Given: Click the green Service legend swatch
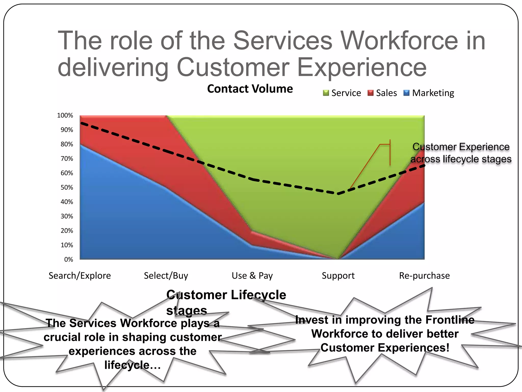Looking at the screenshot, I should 326,93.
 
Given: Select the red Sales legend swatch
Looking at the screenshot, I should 370,93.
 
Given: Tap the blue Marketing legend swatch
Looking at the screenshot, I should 407,93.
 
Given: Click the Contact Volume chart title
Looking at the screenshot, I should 250,89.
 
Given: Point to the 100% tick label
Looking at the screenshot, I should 65,115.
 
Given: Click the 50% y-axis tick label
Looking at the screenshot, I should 67,187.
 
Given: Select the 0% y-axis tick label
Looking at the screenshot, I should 69,260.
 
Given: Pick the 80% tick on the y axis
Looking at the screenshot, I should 67,144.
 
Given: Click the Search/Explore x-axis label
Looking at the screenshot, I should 80,276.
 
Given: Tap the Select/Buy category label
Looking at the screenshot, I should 166,276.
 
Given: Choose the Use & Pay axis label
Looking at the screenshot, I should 252,276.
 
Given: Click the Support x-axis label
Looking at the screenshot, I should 338,276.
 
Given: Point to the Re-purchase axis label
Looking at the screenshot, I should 424,276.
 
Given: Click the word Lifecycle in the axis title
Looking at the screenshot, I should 258,295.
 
